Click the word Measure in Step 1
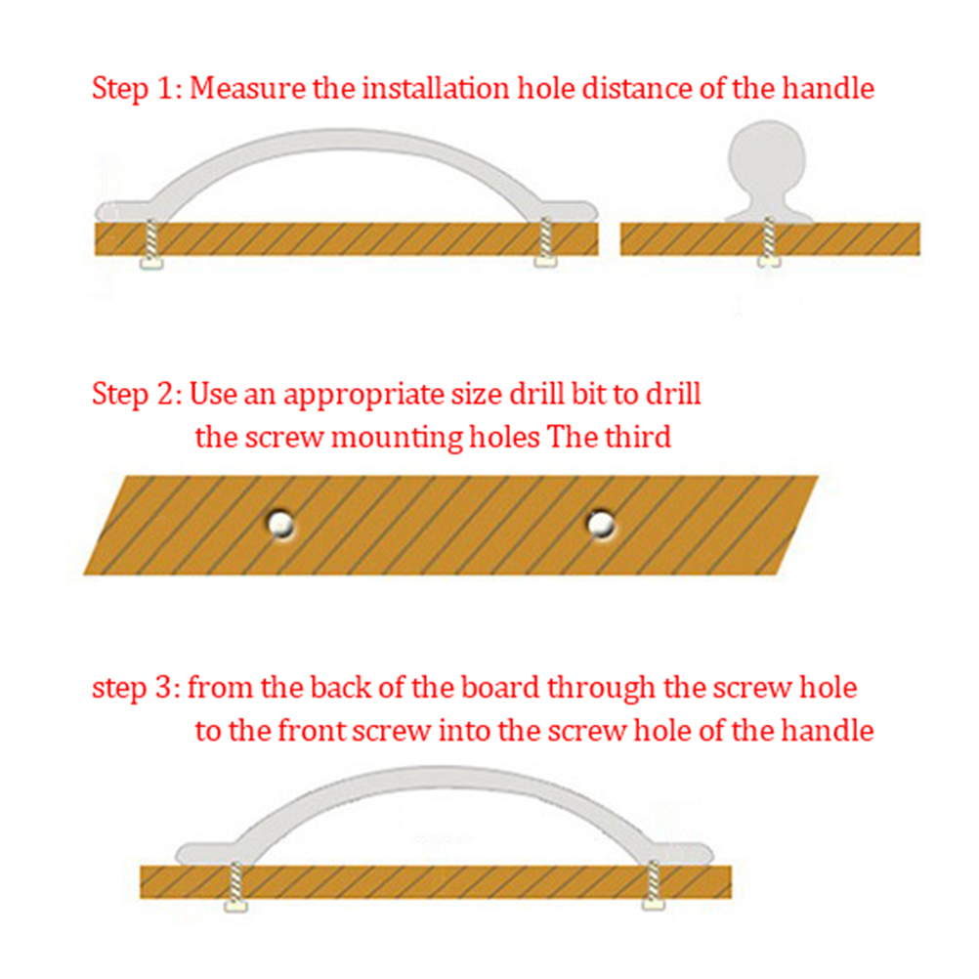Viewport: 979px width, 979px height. (x=247, y=88)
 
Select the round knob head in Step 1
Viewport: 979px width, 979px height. (x=767, y=160)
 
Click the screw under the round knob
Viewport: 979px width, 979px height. (x=769, y=242)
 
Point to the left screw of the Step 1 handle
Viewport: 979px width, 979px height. (x=151, y=244)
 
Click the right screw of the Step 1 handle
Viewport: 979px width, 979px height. (x=546, y=242)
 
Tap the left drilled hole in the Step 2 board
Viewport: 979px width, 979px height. (x=281, y=524)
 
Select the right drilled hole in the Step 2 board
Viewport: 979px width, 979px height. (x=601, y=524)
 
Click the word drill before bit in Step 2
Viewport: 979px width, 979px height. (x=537, y=394)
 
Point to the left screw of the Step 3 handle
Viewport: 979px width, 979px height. (x=236, y=886)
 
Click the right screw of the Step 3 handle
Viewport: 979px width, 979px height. (x=654, y=885)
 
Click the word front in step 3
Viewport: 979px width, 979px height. (x=313, y=731)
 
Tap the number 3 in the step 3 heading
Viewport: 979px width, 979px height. (x=163, y=688)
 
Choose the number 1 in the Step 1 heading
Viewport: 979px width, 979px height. (x=165, y=88)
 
